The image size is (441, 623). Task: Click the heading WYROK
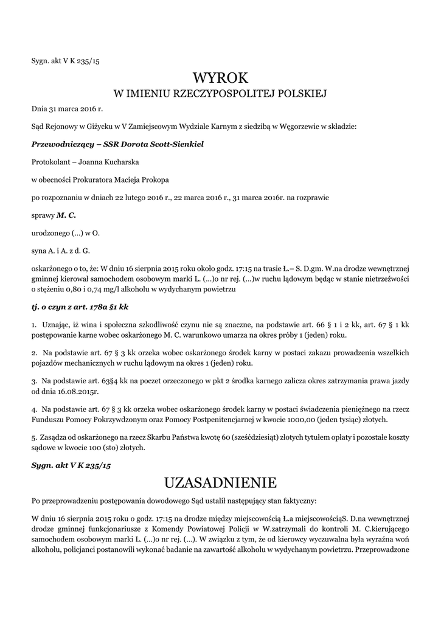(x=220, y=78)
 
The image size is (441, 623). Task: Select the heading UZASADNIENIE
(x=220, y=482)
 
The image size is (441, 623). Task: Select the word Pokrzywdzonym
(x=125, y=420)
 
